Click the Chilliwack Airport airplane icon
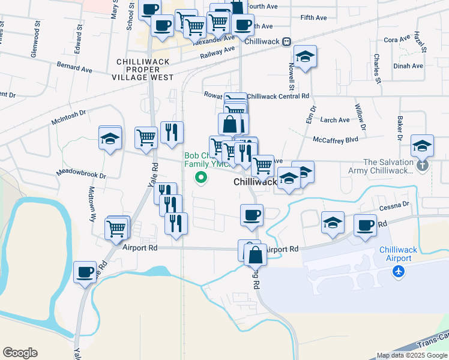(397, 272)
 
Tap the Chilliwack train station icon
(287, 41)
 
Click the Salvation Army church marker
(423, 163)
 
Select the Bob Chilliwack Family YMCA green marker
(201, 178)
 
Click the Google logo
(20, 353)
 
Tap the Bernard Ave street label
(74, 66)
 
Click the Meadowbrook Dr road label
(81, 173)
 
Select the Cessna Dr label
(394, 204)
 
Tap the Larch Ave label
(335, 120)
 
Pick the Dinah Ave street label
(408, 66)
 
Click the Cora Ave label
(396, 40)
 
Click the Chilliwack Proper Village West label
(142, 70)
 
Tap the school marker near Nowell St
(306, 56)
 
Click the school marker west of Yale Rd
(110, 138)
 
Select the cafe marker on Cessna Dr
(364, 225)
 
